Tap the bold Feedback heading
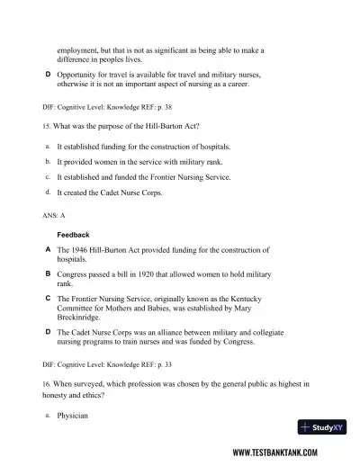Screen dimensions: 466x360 tap(73, 235)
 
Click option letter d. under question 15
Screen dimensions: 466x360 tap(46, 192)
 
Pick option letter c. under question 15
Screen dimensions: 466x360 tap(46, 176)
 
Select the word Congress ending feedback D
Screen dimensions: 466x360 tap(247, 342)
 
